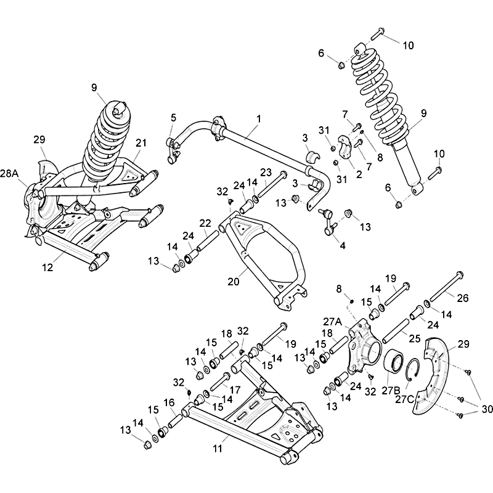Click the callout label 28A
coord(9,174)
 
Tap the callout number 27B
coord(391,390)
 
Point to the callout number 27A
coord(332,322)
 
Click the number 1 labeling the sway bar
coord(259,119)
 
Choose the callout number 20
coord(234,282)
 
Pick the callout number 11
coord(218,449)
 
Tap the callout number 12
coord(48,267)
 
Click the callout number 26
coord(463,298)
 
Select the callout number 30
coord(487,409)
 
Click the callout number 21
coord(141,143)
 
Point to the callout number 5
coord(174,118)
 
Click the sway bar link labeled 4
coord(328,222)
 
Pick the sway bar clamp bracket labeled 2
coord(346,147)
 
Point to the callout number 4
coord(343,245)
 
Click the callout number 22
coord(205,223)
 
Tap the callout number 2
coord(359,174)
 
